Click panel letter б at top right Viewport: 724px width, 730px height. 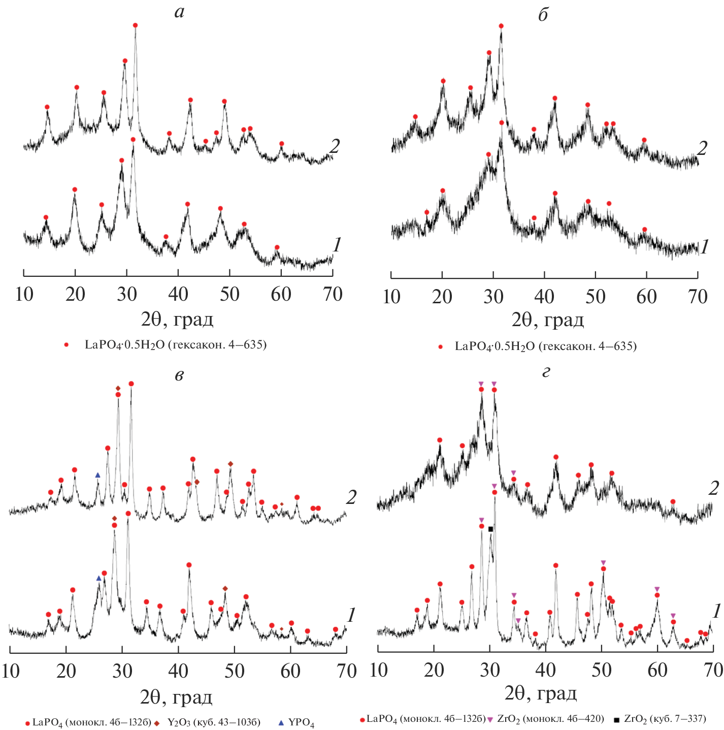(x=543, y=15)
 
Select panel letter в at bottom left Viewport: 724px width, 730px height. (x=179, y=375)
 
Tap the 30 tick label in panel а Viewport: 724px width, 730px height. (x=127, y=294)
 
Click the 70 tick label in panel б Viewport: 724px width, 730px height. (x=698, y=297)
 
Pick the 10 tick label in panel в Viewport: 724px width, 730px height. (x=10, y=671)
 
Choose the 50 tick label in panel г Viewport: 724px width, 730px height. (x=602, y=670)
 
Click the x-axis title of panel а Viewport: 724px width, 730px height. (x=177, y=320)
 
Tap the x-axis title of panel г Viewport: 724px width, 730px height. (x=541, y=693)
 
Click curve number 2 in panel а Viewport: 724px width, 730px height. (x=334, y=146)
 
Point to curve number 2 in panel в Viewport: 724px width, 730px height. (x=351, y=497)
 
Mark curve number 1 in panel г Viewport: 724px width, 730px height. (x=716, y=611)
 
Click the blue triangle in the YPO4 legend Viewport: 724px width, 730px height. (x=281, y=722)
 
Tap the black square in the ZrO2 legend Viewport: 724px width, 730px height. (x=616, y=719)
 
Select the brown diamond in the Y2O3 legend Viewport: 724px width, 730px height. (x=157, y=722)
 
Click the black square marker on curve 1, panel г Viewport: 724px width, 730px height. (x=490, y=529)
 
